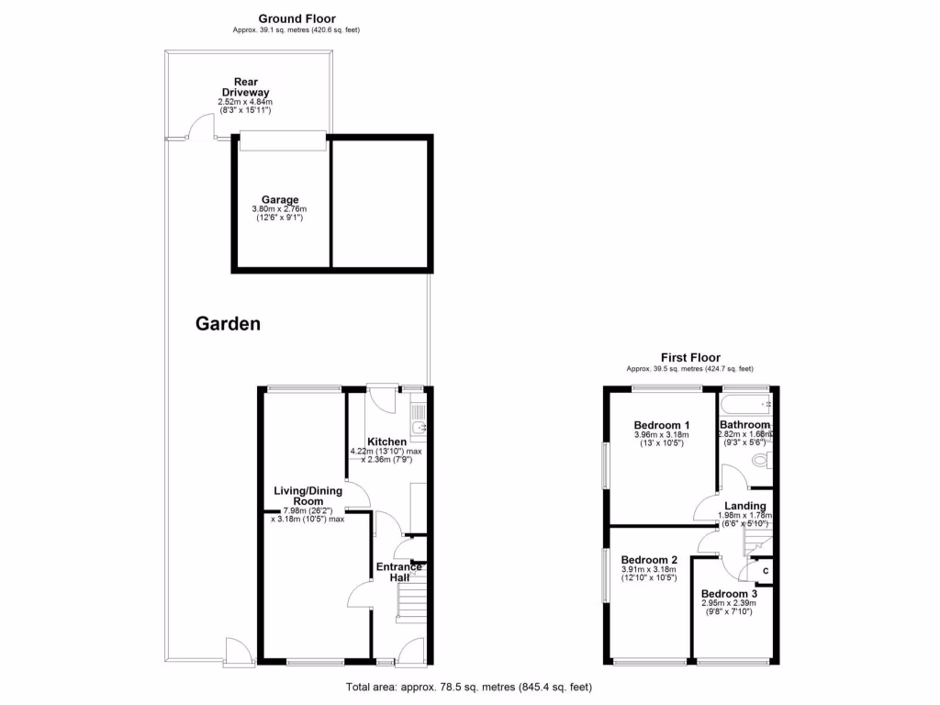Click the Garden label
point(228,323)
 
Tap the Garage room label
point(280,200)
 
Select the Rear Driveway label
point(244,87)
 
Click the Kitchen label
point(386,442)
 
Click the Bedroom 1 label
point(661,425)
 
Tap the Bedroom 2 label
point(648,560)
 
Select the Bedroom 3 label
point(730,594)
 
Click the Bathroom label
point(744,425)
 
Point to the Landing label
point(744,506)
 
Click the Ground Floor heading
point(297,18)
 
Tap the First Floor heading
point(690,358)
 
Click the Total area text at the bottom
point(469,687)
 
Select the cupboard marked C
point(765,571)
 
